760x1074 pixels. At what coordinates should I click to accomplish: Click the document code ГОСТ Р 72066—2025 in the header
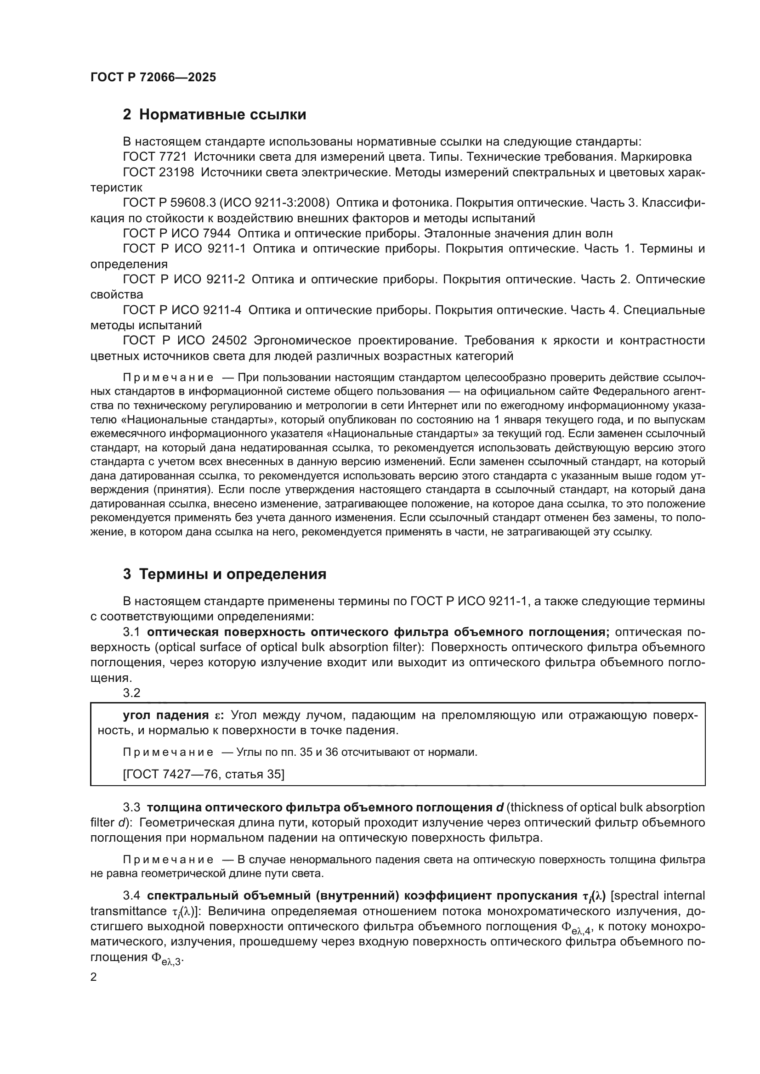click(x=153, y=77)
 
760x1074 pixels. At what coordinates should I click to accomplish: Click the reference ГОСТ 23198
click(x=158, y=172)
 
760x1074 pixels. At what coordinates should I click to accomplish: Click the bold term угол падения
click(x=166, y=715)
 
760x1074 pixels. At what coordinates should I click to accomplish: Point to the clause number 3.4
click(x=131, y=896)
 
